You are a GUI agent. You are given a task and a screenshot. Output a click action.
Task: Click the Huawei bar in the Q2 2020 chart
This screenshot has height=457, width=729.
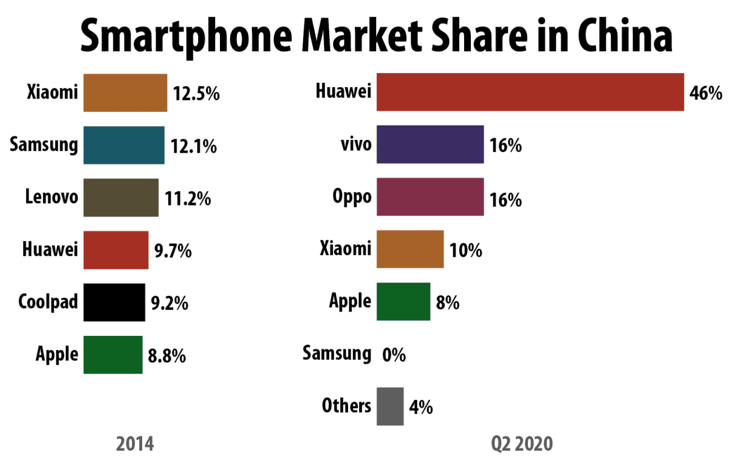point(530,92)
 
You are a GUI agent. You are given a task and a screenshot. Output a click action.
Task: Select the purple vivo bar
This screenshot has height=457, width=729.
point(430,145)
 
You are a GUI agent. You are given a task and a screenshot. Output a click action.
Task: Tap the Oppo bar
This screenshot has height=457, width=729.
point(430,197)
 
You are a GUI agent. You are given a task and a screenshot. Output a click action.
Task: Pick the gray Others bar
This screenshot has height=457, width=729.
point(389,406)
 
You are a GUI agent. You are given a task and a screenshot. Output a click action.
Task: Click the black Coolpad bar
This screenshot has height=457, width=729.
point(114,302)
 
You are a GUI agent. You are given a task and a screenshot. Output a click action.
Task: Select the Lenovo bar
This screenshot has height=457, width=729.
point(121,197)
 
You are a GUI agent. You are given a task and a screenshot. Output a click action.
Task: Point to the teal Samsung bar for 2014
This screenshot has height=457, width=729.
point(124,145)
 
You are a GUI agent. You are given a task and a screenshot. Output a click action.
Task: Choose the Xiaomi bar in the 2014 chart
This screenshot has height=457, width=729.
point(125,92)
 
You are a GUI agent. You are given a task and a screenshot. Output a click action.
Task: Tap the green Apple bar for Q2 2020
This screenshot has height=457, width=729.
point(403,301)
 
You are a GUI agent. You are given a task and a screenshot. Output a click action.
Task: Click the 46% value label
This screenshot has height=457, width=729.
point(705,93)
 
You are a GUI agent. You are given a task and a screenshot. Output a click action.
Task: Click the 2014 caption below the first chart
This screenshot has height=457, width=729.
point(135,443)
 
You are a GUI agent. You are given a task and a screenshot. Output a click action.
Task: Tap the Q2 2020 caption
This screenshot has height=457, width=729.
point(522,443)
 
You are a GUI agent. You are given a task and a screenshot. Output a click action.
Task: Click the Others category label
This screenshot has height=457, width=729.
point(347,406)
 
